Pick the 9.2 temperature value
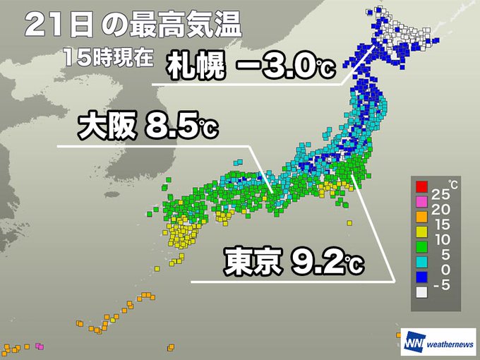click(318, 262)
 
